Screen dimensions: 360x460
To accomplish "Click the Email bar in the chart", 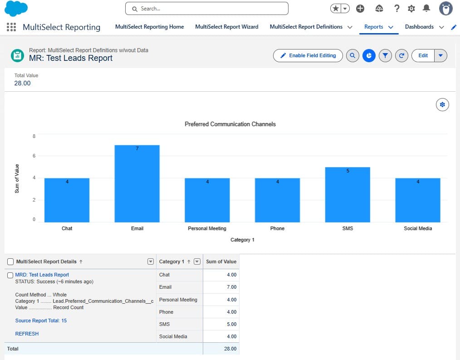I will click(137, 184).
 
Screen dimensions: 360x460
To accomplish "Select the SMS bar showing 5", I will click(347, 195).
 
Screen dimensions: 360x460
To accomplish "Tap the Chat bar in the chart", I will click(67, 200).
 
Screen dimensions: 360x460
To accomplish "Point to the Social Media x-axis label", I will click(418, 228).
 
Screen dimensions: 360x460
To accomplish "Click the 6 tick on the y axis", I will click(34, 156).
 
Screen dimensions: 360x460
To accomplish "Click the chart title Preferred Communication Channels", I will click(230, 124).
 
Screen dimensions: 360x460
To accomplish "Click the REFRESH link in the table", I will click(27, 334).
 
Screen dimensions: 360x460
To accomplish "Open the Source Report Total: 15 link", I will click(41, 321).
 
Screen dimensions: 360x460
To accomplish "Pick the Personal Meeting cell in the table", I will click(178, 300).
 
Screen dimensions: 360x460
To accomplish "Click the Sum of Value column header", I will click(221, 261).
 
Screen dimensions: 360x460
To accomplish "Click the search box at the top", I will click(207, 9).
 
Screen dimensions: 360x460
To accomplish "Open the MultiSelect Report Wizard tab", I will click(226, 27).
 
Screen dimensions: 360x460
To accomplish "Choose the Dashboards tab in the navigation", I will click(419, 27).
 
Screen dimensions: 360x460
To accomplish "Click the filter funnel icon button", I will click(385, 55).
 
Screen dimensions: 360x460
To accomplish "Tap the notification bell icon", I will click(426, 8).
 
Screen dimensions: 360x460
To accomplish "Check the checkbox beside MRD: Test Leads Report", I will click(10, 275).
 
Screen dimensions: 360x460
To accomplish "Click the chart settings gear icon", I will click(442, 105).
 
